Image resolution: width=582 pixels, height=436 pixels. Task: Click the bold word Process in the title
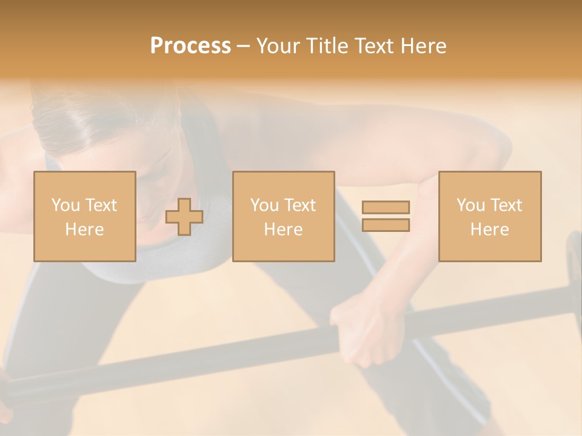coord(190,46)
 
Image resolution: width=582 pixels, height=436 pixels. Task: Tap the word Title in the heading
coord(327,46)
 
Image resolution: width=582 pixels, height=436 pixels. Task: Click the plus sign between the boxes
coord(184,217)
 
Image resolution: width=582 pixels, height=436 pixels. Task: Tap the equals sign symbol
coord(386,216)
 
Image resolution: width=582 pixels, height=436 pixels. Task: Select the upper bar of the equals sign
coord(386,207)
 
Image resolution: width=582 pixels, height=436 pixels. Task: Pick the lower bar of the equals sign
coord(386,225)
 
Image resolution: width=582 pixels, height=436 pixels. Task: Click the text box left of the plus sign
coord(85,216)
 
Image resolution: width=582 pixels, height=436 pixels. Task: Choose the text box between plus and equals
coord(283,216)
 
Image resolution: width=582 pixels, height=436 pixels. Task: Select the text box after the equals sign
coord(490,216)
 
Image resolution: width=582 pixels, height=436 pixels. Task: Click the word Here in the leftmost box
coord(85,230)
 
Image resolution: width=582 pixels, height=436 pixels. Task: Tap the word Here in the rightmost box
coord(490,230)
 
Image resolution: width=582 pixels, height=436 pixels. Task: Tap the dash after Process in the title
coord(243,46)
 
